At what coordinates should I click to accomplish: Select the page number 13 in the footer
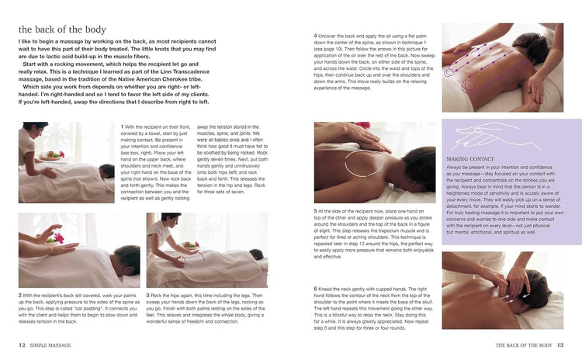pos(559,345)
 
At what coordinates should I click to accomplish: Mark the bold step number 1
pos(123,126)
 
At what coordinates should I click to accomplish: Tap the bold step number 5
pos(316,210)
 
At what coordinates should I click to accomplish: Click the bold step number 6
pos(316,288)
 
